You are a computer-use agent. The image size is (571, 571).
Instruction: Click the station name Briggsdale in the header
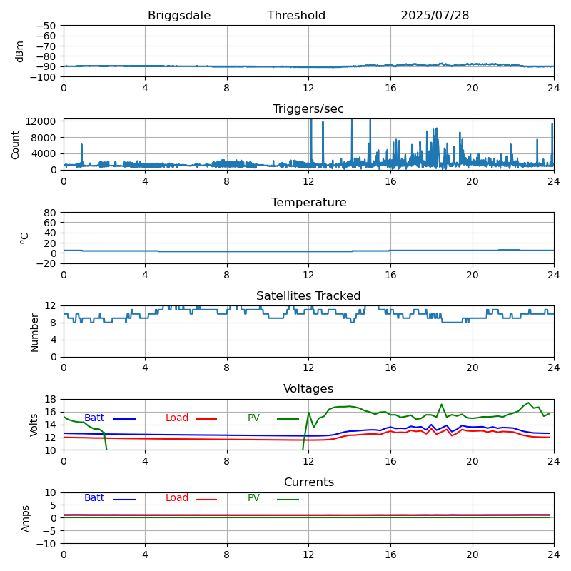point(179,16)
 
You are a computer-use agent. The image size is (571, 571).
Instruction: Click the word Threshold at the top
point(296,16)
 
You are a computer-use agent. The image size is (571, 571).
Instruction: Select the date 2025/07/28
point(435,16)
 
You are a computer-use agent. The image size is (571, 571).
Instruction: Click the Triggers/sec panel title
point(308,109)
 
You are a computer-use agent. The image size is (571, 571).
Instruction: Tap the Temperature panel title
point(308,203)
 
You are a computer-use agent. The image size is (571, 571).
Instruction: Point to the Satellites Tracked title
point(308,296)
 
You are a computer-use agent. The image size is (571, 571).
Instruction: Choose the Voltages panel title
point(308,389)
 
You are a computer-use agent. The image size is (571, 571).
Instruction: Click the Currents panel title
point(308,482)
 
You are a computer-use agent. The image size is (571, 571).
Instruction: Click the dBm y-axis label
point(20,51)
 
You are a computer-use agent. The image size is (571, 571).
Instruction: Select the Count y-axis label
point(16,144)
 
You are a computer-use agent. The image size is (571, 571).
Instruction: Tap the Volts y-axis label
point(34,424)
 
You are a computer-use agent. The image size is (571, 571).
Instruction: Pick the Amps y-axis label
point(26,518)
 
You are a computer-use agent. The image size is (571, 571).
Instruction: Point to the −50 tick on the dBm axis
point(46,26)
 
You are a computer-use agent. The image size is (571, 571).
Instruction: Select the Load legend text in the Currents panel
point(177,498)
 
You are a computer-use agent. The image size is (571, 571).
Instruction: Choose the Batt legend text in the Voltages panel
point(94,418)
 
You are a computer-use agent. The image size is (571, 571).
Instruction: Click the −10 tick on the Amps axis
point(46,544)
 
